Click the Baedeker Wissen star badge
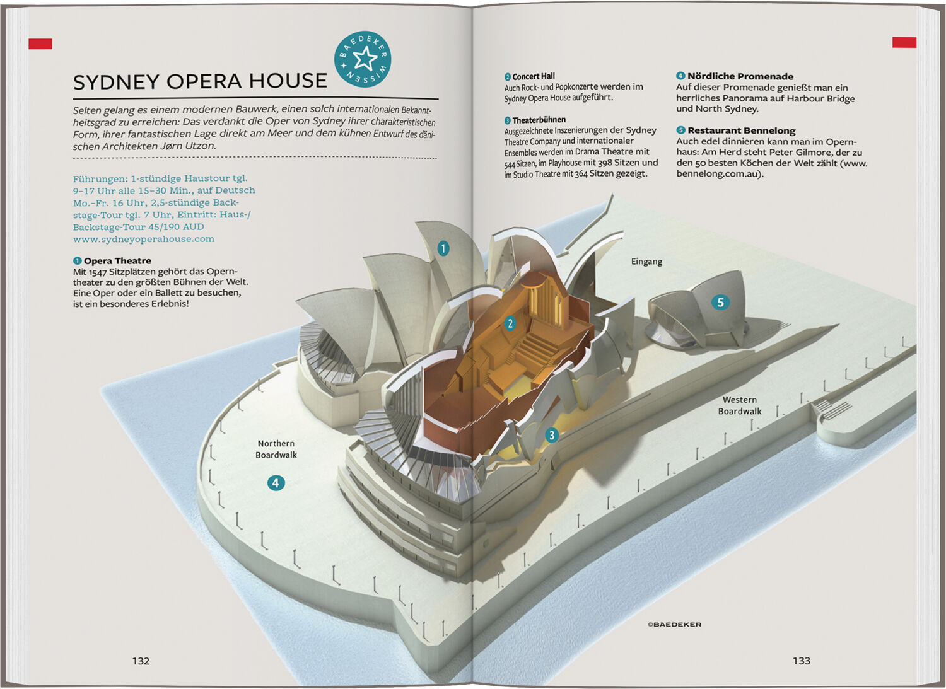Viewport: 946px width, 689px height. (x=363, y=59)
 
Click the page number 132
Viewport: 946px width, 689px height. (x=141, y=661)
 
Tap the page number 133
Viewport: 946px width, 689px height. (x=801, y=661)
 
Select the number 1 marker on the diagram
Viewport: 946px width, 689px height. (x=443, y=248)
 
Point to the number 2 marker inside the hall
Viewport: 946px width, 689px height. (x=510, y=323)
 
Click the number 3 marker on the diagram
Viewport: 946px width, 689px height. (x=552, y=435)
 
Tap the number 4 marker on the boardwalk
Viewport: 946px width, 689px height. (x=276, y=483)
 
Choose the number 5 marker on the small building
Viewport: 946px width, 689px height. (x=720, y=303)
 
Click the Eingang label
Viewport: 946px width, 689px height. (x=646, y=262)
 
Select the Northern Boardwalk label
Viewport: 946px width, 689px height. (x=276, y=449)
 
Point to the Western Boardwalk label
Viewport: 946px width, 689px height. (x=740, y=405)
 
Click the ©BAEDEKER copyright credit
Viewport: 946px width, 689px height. (x=674, y=625)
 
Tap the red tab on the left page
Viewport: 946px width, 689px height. (x=40, y=43)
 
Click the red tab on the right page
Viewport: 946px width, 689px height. (x=904, y=42)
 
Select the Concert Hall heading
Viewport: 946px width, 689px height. (x=533, y=76)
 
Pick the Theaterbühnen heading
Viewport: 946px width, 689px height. (x=539, y=120)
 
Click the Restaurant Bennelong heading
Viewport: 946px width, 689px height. (x=741, y=130)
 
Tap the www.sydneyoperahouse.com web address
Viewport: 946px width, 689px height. (x=143, y=239)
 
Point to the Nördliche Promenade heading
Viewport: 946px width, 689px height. (x=740, y=76)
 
